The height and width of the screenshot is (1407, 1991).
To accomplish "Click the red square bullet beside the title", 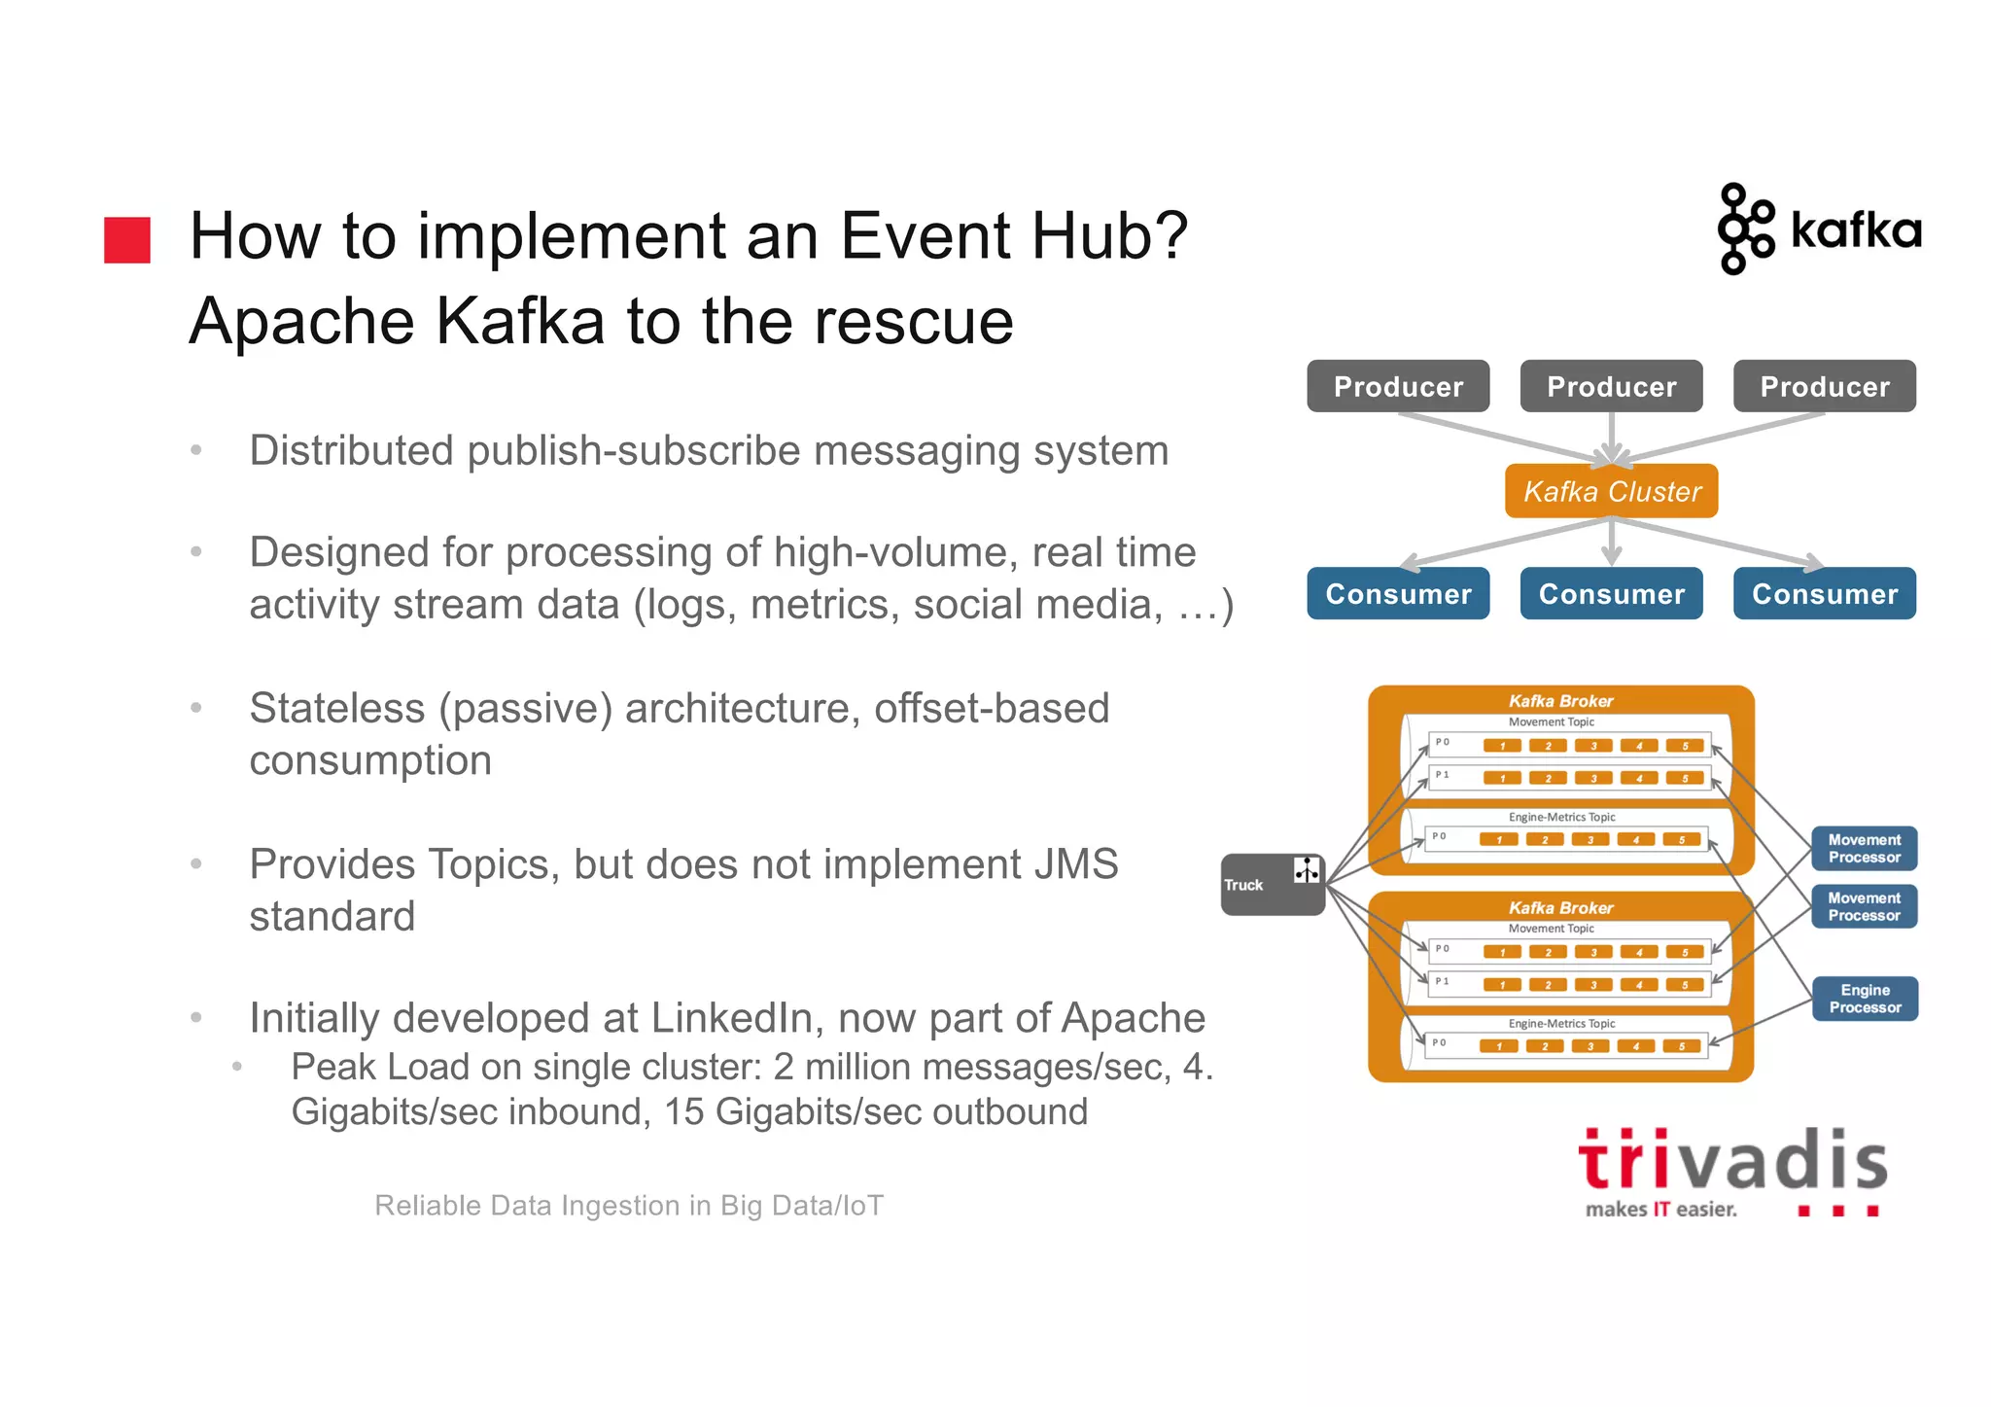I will point(127,239).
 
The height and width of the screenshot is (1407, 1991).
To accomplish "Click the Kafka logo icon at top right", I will point(1745,229).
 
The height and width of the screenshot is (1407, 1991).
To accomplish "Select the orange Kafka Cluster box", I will point(1611,491).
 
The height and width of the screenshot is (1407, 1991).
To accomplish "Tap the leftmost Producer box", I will point(1397,386).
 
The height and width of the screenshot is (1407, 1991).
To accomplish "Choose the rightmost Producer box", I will point(1824,386).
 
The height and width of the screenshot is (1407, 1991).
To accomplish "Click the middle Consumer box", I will point(1611,593).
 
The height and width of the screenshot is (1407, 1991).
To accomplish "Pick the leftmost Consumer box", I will point(1397,593).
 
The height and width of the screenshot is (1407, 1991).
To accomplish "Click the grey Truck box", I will point(1264,885).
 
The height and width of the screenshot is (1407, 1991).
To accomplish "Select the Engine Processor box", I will point(1864,999).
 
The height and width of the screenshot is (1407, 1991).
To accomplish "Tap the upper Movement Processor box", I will point(1864,848).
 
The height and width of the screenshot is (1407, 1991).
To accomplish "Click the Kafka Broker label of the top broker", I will point(1560,701).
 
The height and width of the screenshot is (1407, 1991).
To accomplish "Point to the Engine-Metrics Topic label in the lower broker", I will point(1561,1024).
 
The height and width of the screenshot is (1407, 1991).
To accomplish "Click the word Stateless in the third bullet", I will point(336,708).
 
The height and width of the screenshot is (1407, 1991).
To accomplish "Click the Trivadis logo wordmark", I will point(1732,1161).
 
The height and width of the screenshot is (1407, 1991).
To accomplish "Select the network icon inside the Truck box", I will point(1306,870).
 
